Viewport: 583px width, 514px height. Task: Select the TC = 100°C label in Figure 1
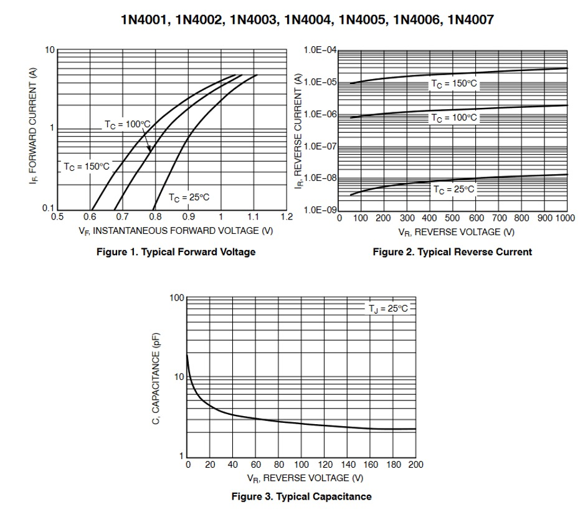point(127,125)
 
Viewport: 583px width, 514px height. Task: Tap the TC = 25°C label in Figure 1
point(189,197)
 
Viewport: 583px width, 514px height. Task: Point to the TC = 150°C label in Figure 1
point(86,167)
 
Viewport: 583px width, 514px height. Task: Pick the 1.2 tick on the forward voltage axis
point(287,217)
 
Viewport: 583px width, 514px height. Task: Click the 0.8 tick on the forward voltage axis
point(155,217)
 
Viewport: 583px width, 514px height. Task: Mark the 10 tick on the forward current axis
point(50,50)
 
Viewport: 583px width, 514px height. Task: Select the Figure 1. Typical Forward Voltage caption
point(176,252)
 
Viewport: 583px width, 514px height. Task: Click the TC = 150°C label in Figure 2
point(455,84)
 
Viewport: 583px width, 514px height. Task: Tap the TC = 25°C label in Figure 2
point(453,189)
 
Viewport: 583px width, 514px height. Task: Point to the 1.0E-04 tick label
point(320,51)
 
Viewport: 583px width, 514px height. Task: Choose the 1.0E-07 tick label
point(320,147)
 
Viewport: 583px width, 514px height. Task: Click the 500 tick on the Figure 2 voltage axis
point(452,218)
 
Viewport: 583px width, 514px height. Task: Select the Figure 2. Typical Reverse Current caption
point(452,252)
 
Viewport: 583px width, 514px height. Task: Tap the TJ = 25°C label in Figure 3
point(387,308)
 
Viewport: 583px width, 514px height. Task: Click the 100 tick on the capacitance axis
point(177,298)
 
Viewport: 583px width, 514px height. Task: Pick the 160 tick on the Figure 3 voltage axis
point(370,465)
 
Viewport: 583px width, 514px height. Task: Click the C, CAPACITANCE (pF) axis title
point(156,379)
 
